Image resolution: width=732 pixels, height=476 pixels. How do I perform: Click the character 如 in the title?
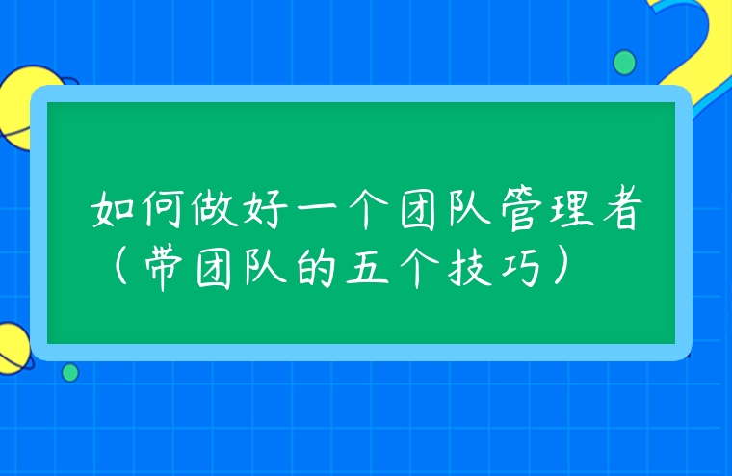tap(115, 210)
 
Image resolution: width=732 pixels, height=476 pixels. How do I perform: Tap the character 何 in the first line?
tap(166, 210)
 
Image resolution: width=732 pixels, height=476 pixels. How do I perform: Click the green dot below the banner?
tap(70, 372)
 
